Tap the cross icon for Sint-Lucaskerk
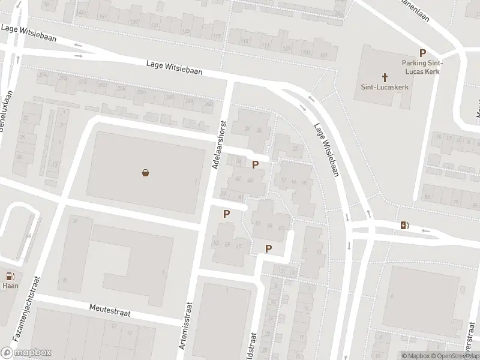385,77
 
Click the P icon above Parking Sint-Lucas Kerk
422,53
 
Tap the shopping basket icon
145,173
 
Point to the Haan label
10,287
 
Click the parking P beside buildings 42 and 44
256,165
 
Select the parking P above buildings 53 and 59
227,214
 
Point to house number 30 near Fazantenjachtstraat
64,280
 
